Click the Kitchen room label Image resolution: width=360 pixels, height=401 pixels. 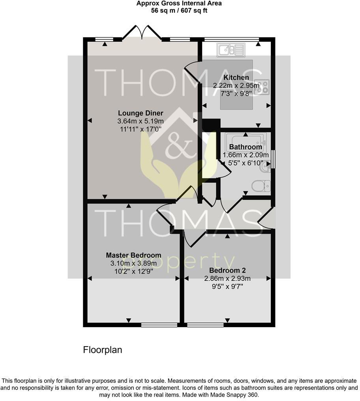point(236,78)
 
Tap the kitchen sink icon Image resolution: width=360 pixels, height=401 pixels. point(230,50)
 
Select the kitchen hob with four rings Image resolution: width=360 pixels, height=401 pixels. point(263,88)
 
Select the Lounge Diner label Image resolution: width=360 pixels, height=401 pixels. point(140,113)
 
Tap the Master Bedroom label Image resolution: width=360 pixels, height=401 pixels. point(133,255)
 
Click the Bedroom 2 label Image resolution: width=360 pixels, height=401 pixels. point(227,271)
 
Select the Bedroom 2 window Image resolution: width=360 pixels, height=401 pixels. point(204,325)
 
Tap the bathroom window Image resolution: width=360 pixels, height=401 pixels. point(273,159)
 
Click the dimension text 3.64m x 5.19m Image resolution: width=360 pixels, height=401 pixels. point(140,121)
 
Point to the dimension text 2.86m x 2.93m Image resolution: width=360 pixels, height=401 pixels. point(227,279)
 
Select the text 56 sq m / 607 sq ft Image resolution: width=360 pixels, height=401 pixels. point(179,11)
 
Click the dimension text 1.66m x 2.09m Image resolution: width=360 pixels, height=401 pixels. point(246,155)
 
